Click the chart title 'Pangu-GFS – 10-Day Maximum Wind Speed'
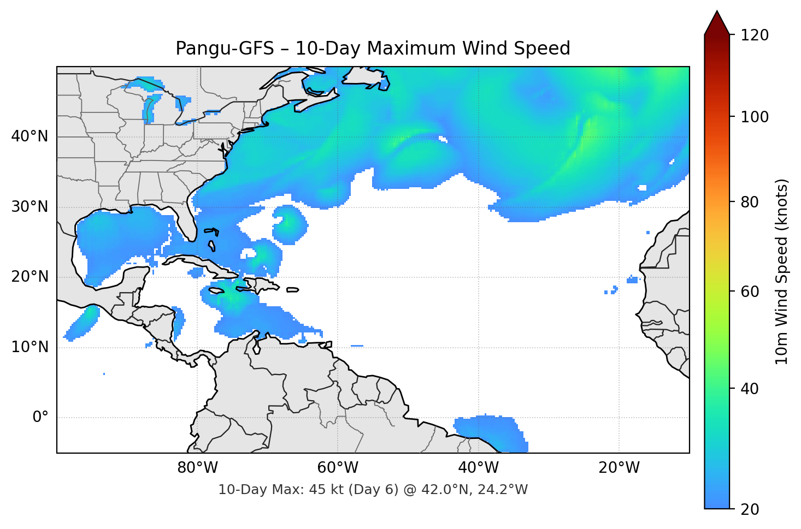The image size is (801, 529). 373,49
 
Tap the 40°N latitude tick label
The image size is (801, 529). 30,136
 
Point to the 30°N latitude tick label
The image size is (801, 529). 30,207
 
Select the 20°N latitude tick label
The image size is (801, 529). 30,277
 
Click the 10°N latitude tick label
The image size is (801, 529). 30,347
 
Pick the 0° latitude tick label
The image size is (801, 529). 40,418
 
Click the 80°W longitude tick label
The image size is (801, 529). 197,468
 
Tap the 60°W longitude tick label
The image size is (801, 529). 338,468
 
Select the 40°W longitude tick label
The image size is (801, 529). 478,468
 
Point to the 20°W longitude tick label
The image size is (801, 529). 619,468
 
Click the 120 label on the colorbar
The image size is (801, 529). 755,35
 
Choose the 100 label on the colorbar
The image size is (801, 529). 755,117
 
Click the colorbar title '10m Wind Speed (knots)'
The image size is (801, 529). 782,272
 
